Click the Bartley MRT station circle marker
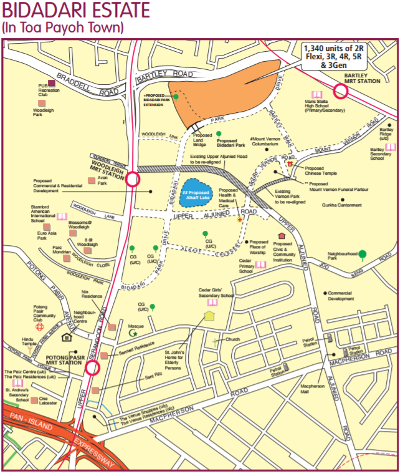340,92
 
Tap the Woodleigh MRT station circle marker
133,180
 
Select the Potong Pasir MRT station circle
92,369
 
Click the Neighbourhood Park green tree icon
363,254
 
